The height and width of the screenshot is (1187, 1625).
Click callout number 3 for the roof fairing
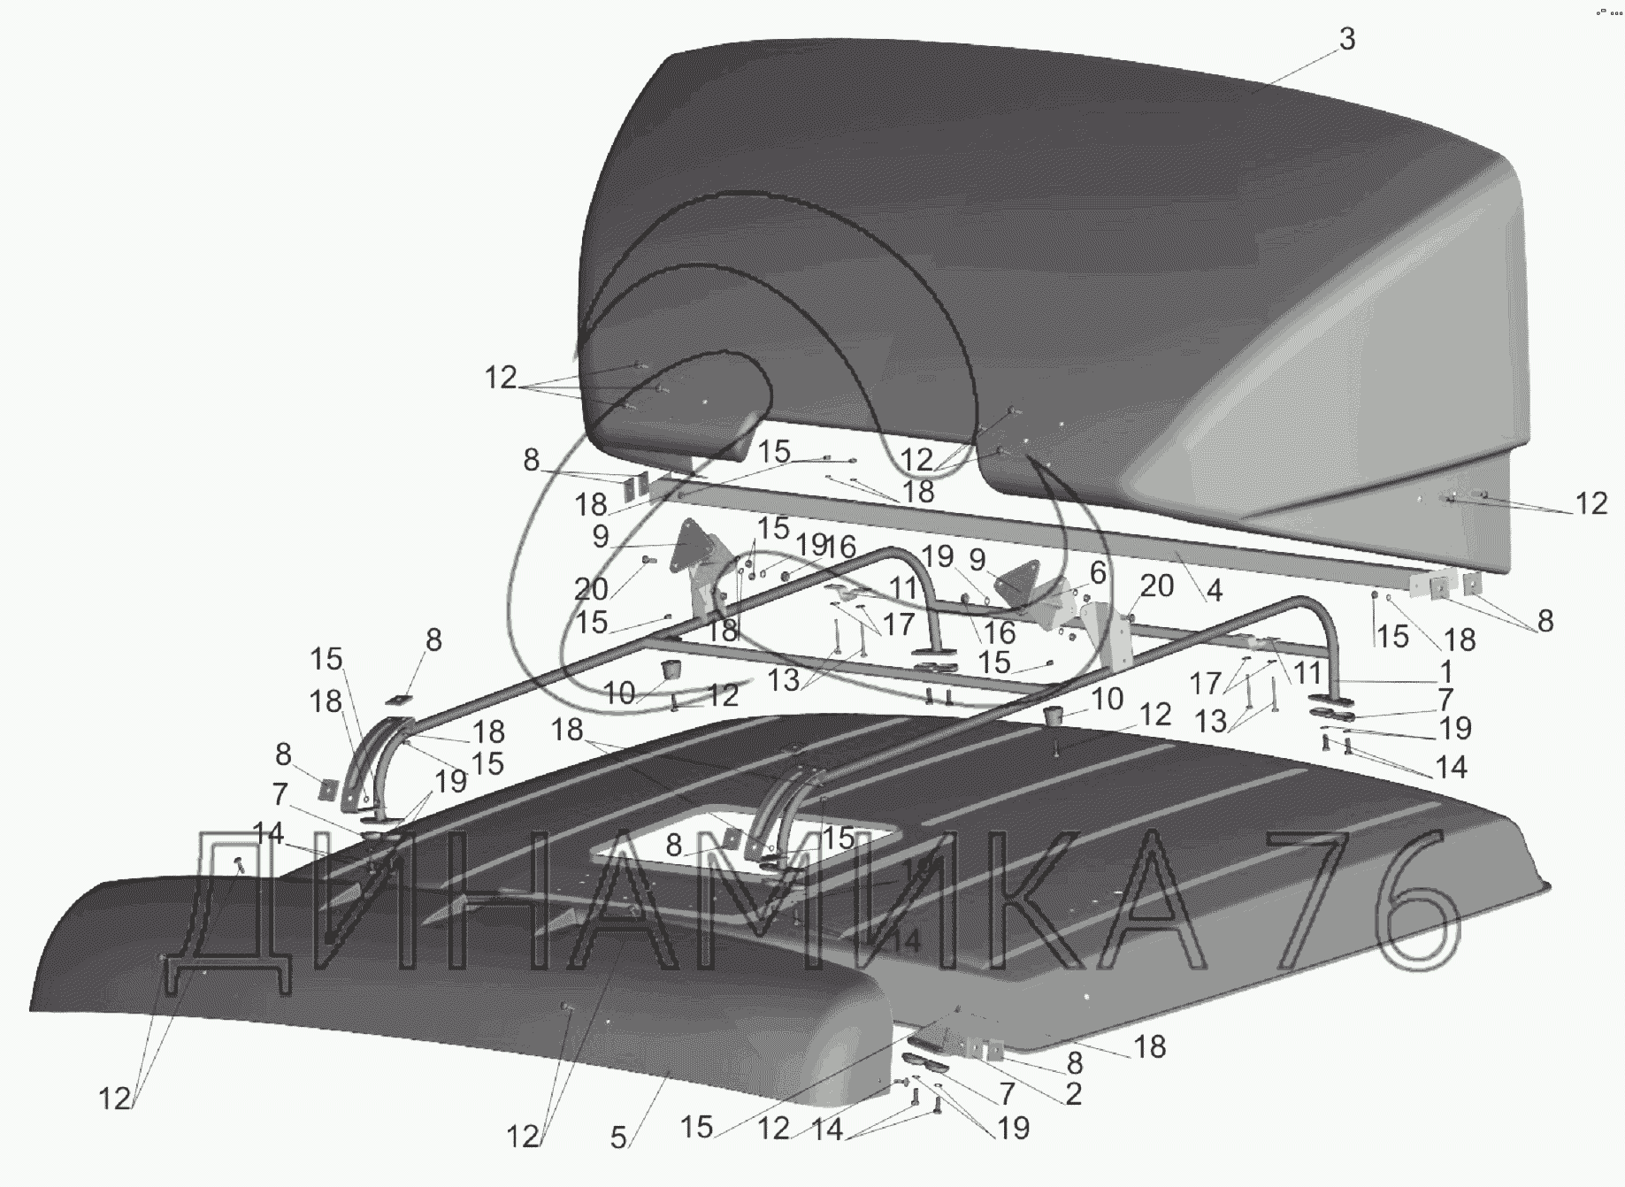[x=1346, y=40]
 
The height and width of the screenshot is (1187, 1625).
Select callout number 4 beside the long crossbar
[x=1215, y=591]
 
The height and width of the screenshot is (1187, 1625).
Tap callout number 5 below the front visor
[x=618, y=1137]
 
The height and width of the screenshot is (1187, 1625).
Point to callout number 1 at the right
[x=1445, y=670]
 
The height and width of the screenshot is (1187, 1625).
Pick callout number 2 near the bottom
[x=1073, y=1094]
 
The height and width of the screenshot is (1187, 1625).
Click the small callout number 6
[x=1097, y=572]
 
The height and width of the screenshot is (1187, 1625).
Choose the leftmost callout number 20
[x=591, y=588]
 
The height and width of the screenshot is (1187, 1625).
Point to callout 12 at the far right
[x=1591, y=503]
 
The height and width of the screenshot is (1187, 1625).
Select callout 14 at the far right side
[x=1451, y=766]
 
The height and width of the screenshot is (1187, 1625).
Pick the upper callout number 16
[x=839, y=547]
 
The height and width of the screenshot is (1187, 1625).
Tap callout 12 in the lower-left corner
[x=114, y=1099]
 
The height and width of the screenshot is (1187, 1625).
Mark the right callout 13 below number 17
[x=1211, y=721]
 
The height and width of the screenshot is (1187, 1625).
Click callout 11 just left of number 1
[x=1307, y=671]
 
